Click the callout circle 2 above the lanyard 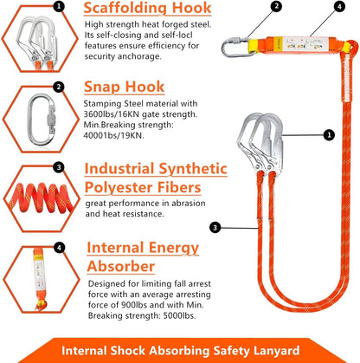252,7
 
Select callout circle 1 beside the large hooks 329,134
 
